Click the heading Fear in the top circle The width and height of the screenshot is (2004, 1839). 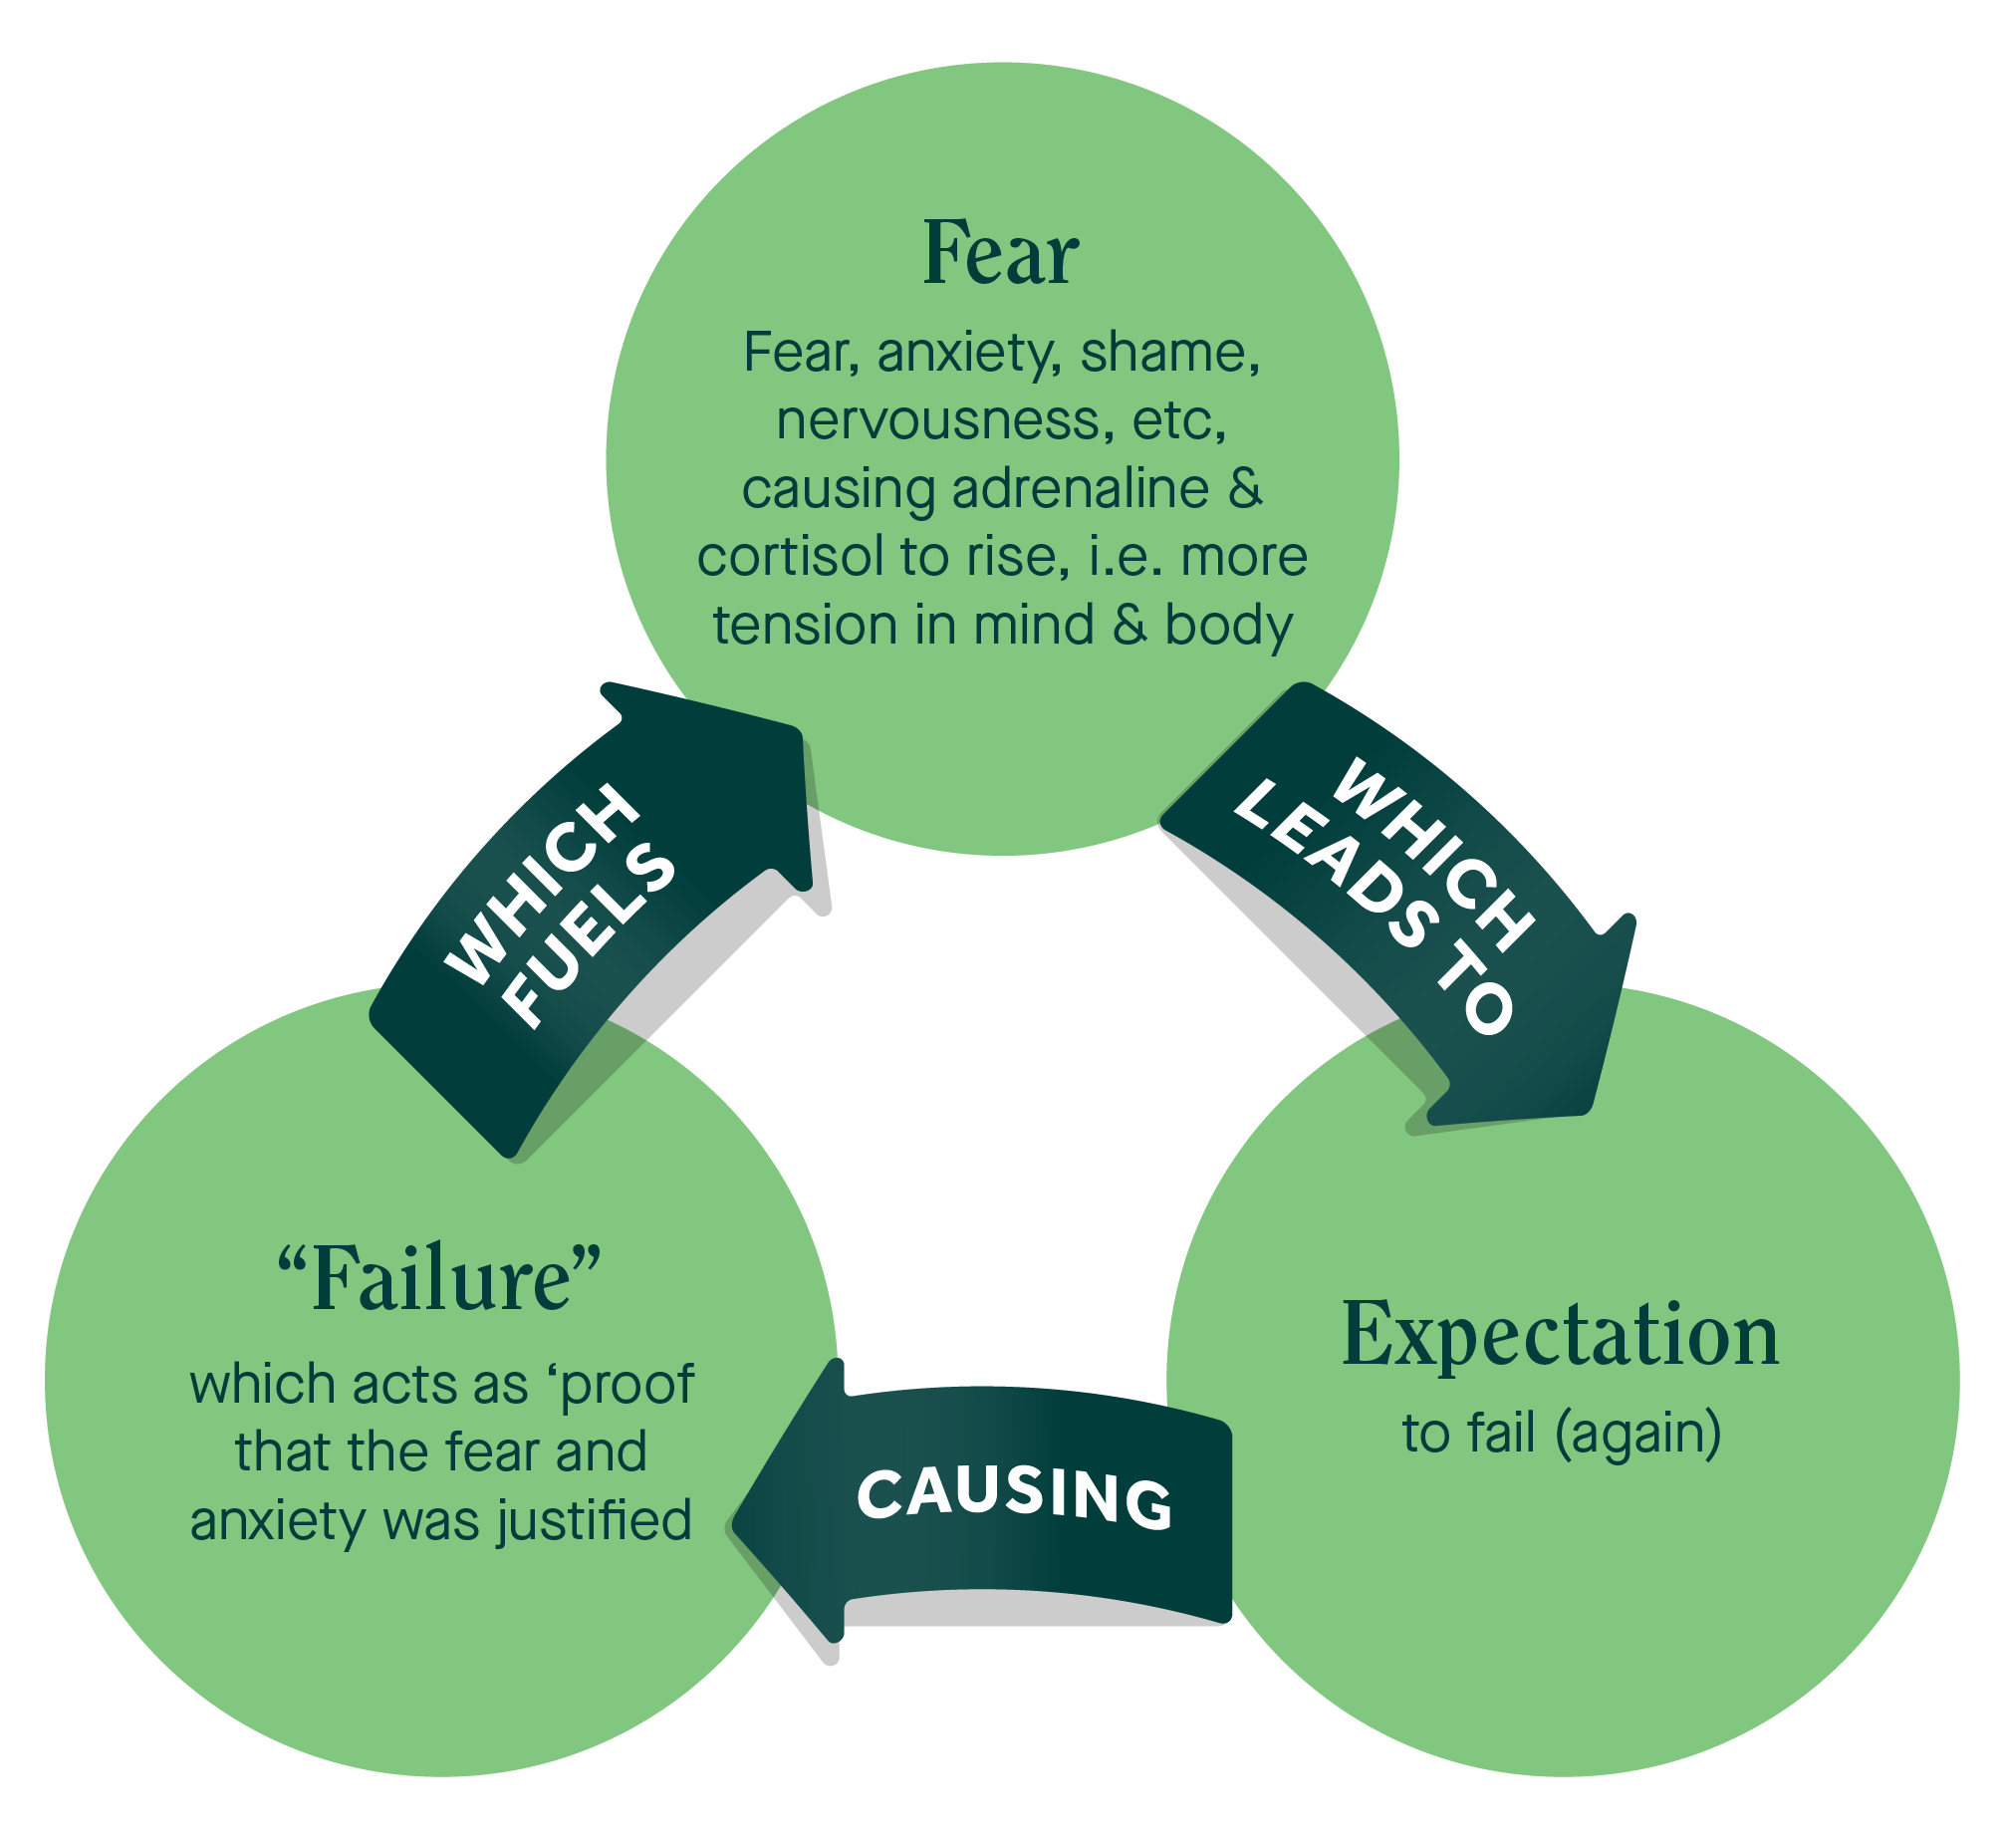click(1001, 253)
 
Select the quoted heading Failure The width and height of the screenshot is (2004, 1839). click(439, 1281)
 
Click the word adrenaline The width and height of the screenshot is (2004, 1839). click(1081, 489)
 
